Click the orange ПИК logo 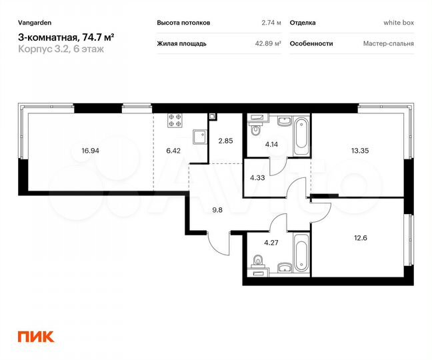pos(36,336)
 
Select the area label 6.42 pos(173,151)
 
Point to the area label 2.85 pos(225,141)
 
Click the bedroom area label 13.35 pos(361,151)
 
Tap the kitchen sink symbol pos(198,137)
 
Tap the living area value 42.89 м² pos(267,43)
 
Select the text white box pos(399,23)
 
